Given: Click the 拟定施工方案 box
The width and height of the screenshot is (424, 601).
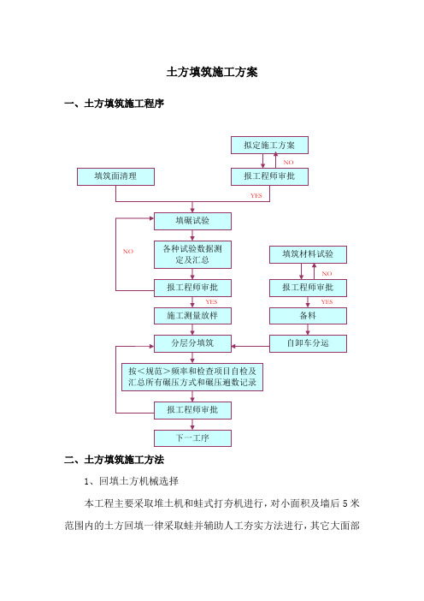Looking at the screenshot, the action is tap(269, 146).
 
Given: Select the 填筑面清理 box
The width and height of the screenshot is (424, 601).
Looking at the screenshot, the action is tap(115, 176).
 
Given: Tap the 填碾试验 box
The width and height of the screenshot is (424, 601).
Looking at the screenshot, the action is tap(192, 221).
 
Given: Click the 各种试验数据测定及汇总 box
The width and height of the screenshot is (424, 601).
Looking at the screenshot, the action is tap(192, 254).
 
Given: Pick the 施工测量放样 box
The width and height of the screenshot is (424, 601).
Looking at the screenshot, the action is tap(192, 316).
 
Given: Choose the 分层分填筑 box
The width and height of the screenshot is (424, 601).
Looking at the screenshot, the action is tap(192, 343).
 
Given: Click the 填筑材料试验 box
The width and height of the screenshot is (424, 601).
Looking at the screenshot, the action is tap(308, 254).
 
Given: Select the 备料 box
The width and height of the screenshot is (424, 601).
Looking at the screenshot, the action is tap(308, 316).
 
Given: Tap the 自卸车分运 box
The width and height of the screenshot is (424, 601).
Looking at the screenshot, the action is tap(308, 343).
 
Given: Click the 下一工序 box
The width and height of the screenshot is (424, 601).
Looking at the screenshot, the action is tap(192, 438).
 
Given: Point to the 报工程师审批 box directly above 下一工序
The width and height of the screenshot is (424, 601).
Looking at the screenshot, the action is tap(192, 410).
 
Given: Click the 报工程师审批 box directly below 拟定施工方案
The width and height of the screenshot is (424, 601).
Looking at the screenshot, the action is tap(269, 176).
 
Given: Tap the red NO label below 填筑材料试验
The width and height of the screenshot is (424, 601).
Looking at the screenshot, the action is tap(327, 274).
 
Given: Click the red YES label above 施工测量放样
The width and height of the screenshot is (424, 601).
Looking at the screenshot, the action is tap(212, 302).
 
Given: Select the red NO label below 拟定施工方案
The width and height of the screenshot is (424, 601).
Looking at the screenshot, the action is tap(288, 163).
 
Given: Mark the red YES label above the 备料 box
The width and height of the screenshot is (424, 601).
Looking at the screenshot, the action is tap(327, 302).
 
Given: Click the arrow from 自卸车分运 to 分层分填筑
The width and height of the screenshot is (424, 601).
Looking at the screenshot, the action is tap(250, 346).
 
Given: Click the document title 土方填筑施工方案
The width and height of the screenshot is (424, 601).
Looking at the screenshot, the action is tap(212, 72).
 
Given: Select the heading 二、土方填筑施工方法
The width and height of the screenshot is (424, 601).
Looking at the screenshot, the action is tap(114, 460).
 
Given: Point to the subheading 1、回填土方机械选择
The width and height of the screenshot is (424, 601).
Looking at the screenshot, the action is tap(132, 481).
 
